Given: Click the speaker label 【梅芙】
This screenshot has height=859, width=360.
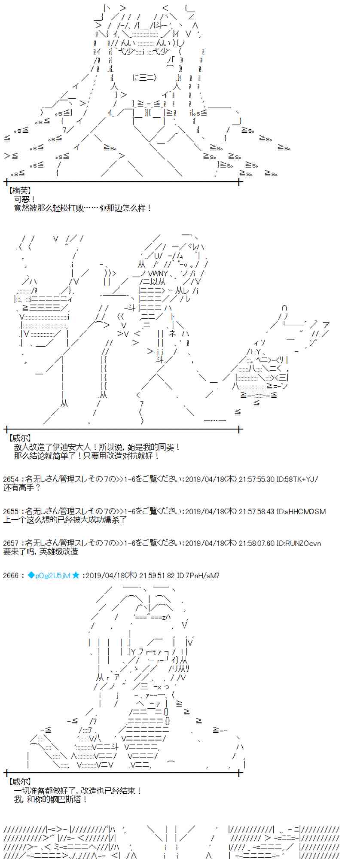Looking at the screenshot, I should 20,190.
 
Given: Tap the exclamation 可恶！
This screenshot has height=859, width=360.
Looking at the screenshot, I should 25,199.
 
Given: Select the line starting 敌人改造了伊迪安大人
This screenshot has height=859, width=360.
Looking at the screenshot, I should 98,447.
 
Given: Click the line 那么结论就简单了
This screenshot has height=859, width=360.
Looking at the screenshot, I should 87,456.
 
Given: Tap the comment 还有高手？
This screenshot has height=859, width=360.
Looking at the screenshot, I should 22,488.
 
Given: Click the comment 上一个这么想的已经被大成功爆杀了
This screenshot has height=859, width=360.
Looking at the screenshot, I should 65,520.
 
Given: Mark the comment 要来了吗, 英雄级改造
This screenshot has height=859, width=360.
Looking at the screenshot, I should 41,552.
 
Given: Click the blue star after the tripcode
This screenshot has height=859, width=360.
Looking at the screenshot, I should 76,575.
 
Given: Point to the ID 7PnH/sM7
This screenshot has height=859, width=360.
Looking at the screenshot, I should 203,576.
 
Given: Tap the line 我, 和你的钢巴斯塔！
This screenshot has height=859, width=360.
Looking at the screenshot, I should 51,799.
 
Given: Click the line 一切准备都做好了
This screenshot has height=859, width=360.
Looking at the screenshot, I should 78,791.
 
